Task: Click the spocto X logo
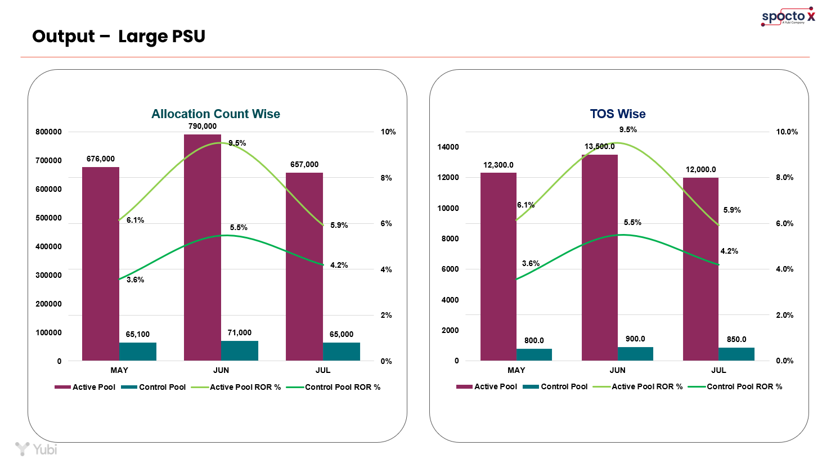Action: [x=788, y=17]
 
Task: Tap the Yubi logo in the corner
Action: [x=36, y=449]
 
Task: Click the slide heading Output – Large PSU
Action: [x=119, y=37]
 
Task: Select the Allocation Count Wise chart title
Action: [x=215, y=114]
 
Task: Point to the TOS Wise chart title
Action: [x=617, y=114]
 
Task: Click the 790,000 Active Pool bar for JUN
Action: [x=203, y=247]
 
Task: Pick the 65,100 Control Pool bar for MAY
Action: [x=137, y=352]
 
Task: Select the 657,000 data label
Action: [x=304, y=164]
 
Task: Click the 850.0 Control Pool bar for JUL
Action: [x=736, y=354]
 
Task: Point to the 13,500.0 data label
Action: [x=599, y=146]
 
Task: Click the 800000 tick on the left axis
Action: [x=48, y=132]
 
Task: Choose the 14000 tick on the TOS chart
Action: [x=448, y=147]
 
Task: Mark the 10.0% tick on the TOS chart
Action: [x=787, y=132]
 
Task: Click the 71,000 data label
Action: [x=240, y=332]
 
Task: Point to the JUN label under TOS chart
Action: [x=617, y=370]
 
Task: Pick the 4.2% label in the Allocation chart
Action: [x=339, y=265]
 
